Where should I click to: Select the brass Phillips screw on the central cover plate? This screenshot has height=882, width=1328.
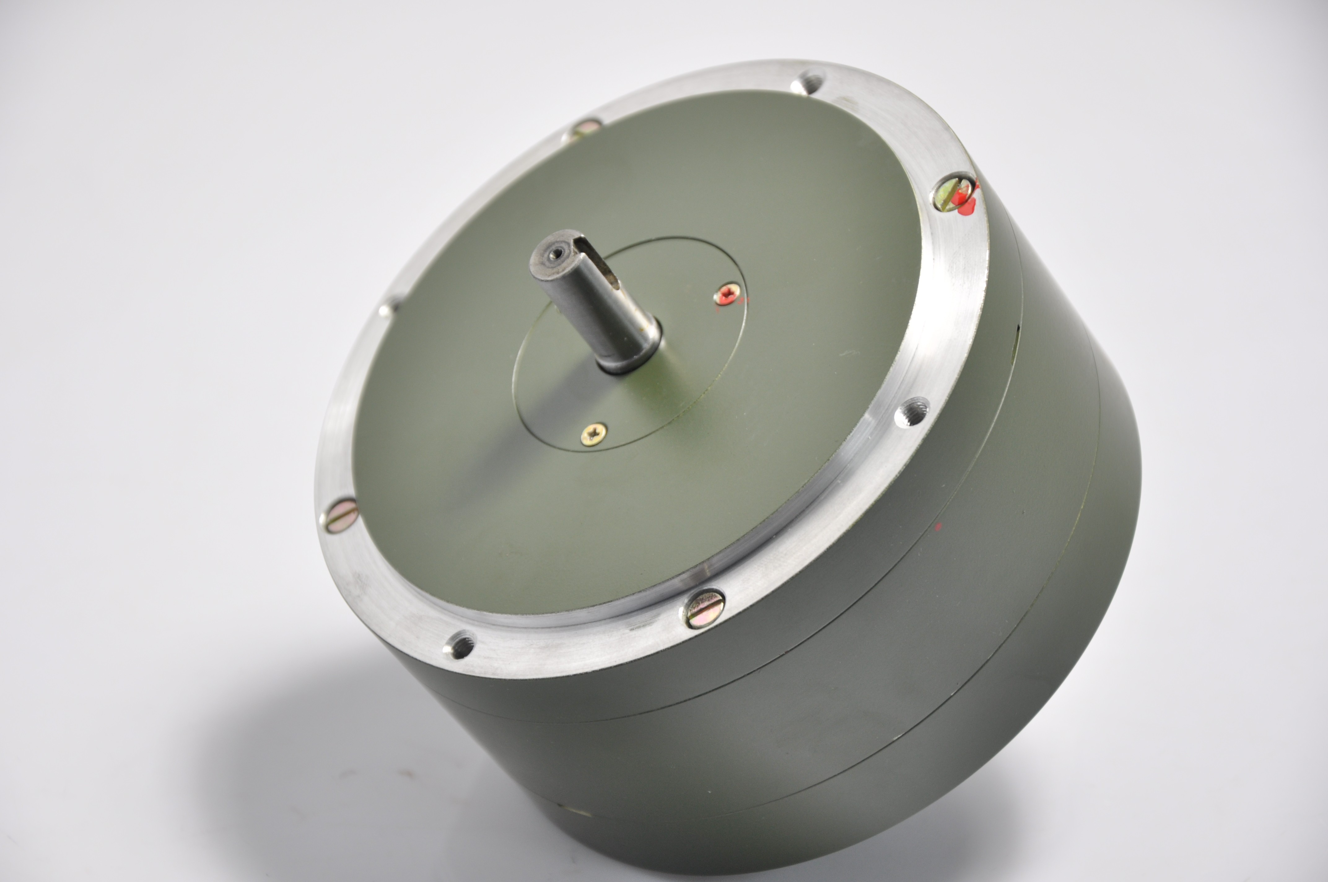tap(593, 433)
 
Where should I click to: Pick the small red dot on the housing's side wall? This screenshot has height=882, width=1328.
tap(937, 527)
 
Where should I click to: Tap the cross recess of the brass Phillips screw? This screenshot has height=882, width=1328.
tap(593, 433)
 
